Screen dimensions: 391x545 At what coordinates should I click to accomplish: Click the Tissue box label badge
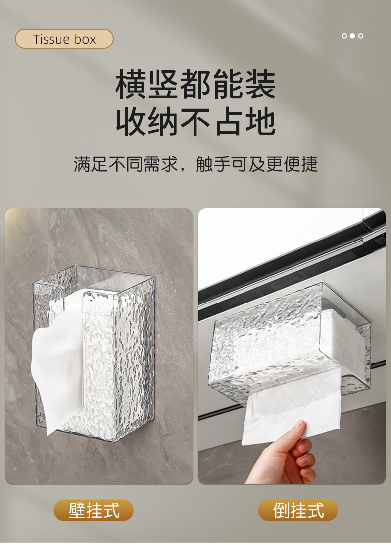64,39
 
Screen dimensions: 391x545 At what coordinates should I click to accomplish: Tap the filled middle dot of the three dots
352,36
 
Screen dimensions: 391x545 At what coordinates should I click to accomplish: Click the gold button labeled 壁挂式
94,510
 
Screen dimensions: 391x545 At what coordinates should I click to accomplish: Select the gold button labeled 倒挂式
297,510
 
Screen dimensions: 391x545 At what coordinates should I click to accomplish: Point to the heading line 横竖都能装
195,84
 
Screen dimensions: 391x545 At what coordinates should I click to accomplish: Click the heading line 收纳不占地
195,121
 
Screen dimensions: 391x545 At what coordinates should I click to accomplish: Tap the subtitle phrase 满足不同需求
126,164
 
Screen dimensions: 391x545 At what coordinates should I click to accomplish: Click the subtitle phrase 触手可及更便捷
257,164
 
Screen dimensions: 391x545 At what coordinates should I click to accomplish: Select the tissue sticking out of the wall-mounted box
57,365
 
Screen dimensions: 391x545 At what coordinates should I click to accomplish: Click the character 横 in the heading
131,84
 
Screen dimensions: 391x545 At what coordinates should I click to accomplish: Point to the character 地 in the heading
260,121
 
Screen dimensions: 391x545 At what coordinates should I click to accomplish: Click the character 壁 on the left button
77,510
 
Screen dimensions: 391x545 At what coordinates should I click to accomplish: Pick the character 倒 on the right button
281,510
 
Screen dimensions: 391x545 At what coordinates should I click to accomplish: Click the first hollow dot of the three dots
344,36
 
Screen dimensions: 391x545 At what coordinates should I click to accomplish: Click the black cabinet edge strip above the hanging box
292,261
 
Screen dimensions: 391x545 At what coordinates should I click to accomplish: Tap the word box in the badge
84,39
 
